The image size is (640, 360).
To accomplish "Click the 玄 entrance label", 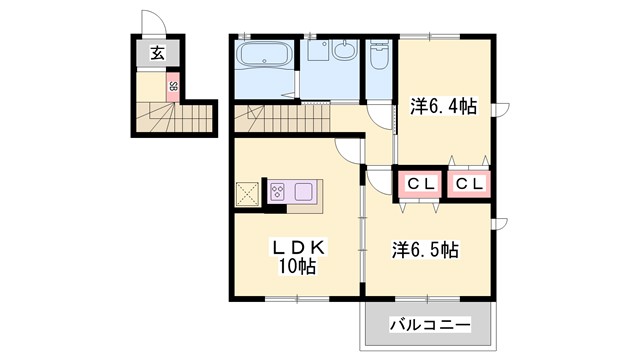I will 158,54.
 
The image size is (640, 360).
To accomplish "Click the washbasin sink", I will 344,51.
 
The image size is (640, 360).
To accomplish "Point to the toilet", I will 379,59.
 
